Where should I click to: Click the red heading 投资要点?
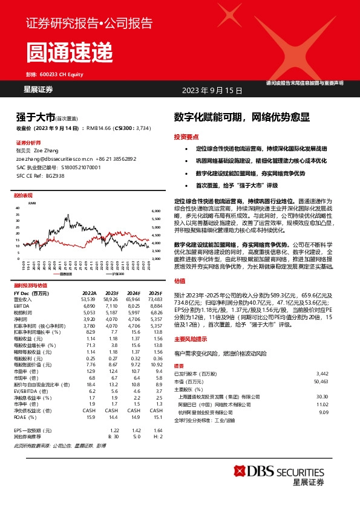186,137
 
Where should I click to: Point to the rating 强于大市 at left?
35,117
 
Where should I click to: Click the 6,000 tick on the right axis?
155,211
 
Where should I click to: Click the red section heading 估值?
180,280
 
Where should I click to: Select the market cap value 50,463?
320,382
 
